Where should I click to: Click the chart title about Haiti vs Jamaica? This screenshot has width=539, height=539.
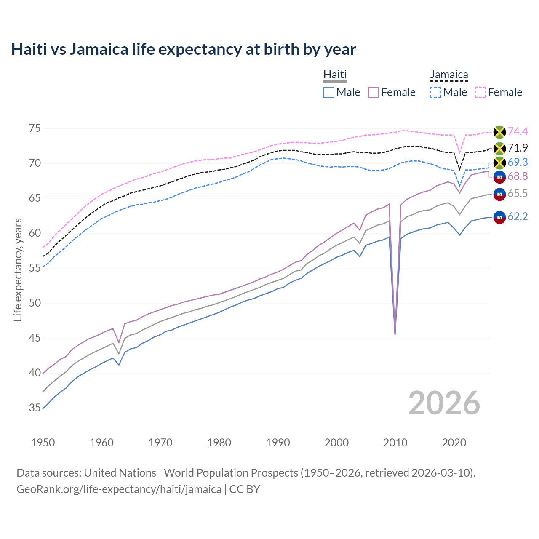pos(184,49)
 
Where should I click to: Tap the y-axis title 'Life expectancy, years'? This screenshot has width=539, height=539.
pos(18,269)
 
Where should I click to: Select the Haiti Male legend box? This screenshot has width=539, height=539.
pos(329,92)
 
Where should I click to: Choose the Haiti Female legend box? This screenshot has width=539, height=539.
pos(374,92)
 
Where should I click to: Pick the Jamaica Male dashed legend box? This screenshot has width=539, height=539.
pos(435,92)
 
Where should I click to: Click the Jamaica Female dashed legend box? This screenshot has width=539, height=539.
pos(480,92)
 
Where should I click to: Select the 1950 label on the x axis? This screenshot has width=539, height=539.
pos(43,443)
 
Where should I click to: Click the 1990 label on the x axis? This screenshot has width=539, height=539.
pos(278,443)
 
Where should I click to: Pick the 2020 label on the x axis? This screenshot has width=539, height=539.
pos(454,443)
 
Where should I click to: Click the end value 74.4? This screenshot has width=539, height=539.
pos(518,131)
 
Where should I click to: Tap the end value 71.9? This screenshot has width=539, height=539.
pos(518,148)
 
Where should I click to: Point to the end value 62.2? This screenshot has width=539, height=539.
pos(518,216)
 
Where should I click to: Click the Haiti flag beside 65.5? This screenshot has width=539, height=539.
pos(499,194)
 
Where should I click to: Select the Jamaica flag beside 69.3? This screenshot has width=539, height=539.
pos(499,163)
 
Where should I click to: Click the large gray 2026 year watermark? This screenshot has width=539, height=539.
pos(444,403)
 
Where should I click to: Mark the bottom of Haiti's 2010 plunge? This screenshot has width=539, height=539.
pos(395,334)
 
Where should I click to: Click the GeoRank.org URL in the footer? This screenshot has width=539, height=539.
pos(119,489)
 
